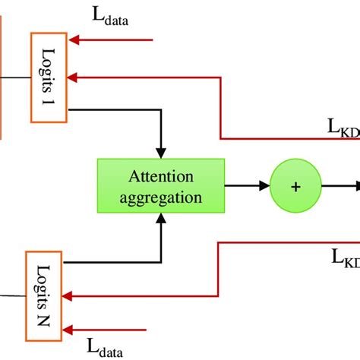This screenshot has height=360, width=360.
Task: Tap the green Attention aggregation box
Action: click(x=160, y=185)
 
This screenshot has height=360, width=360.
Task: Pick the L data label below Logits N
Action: click(x=106, y=347)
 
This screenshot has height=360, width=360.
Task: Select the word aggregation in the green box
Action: click(x=160, y=196)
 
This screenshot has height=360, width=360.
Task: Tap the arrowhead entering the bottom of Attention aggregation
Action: click(x=160, y=219)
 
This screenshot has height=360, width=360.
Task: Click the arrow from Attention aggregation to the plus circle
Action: click(x=247, y=185)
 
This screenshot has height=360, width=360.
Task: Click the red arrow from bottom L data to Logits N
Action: click(x=106, y=330)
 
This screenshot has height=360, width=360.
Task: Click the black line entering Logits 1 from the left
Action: click(x=15, y=76)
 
